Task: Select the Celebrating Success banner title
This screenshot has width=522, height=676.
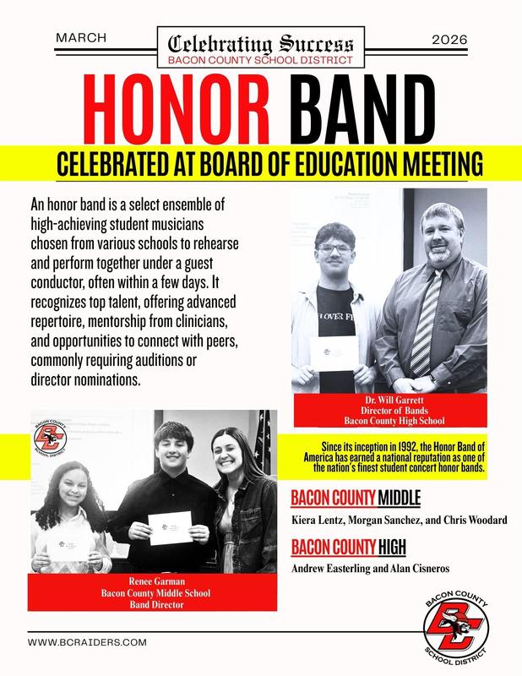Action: (x=261, y=43)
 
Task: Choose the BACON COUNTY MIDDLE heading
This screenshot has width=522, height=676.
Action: (x=355, y=497)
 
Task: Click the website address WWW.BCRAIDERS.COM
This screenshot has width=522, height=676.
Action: (x=88, y=642)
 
